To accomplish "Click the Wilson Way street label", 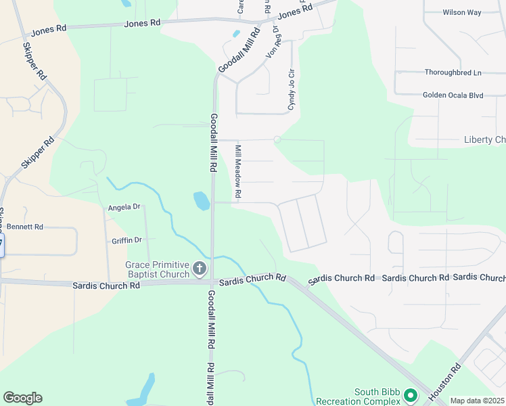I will coord(462,12).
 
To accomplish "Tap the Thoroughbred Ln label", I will coord(453,72).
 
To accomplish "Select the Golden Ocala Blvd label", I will coord(453,95).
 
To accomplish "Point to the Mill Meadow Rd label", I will coord(238,171).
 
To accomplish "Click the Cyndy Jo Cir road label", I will coord(292,89).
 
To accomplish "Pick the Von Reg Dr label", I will coord(273,43).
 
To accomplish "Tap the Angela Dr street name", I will coord(124,206).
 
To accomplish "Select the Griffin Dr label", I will coord(127,240).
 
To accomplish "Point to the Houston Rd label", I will coord(446,381).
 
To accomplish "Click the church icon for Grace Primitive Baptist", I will coord(199,269).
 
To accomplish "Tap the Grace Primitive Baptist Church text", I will coord(156,269).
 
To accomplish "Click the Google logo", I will coord(22,398).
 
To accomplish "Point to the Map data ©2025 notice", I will coord(477,401).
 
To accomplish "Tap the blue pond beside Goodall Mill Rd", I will coord(202,200).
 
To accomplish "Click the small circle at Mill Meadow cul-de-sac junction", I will coord(277,139).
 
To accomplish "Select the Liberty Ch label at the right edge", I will coord(484,140).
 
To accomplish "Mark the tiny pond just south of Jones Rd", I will coord(236,33).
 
